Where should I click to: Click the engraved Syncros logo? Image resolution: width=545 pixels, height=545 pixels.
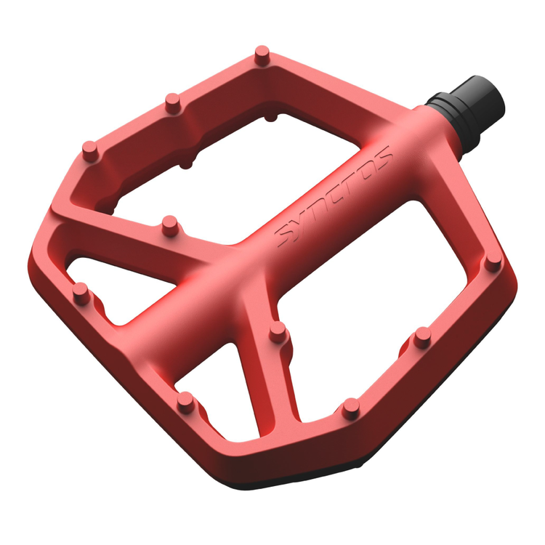[x=334, y=197]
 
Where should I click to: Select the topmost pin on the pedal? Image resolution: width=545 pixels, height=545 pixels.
[x=262, y=55]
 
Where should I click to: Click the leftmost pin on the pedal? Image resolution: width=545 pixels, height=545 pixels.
[x=81, y=293]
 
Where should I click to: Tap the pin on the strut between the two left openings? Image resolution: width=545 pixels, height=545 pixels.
[x=170, y=225]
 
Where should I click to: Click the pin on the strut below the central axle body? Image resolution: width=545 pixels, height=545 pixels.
[x=278, y=331]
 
